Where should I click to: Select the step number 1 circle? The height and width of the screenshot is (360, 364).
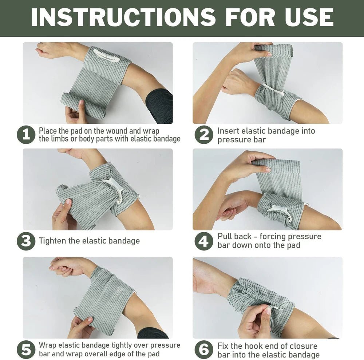pos(26,135)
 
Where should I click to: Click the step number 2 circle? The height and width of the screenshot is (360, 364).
pos(204,135)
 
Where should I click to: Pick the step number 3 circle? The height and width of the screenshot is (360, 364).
pos(26,241)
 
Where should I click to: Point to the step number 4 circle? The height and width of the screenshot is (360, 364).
pos(204,241)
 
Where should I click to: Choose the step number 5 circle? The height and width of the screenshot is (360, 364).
pos(26,350)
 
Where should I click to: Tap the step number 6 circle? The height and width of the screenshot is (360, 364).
pos(204,350)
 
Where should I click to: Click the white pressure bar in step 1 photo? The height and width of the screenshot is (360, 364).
pos(105,55)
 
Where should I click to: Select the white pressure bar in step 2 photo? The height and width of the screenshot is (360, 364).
pos(274,91)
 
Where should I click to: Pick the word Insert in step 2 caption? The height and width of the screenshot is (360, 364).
pos(229,131)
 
